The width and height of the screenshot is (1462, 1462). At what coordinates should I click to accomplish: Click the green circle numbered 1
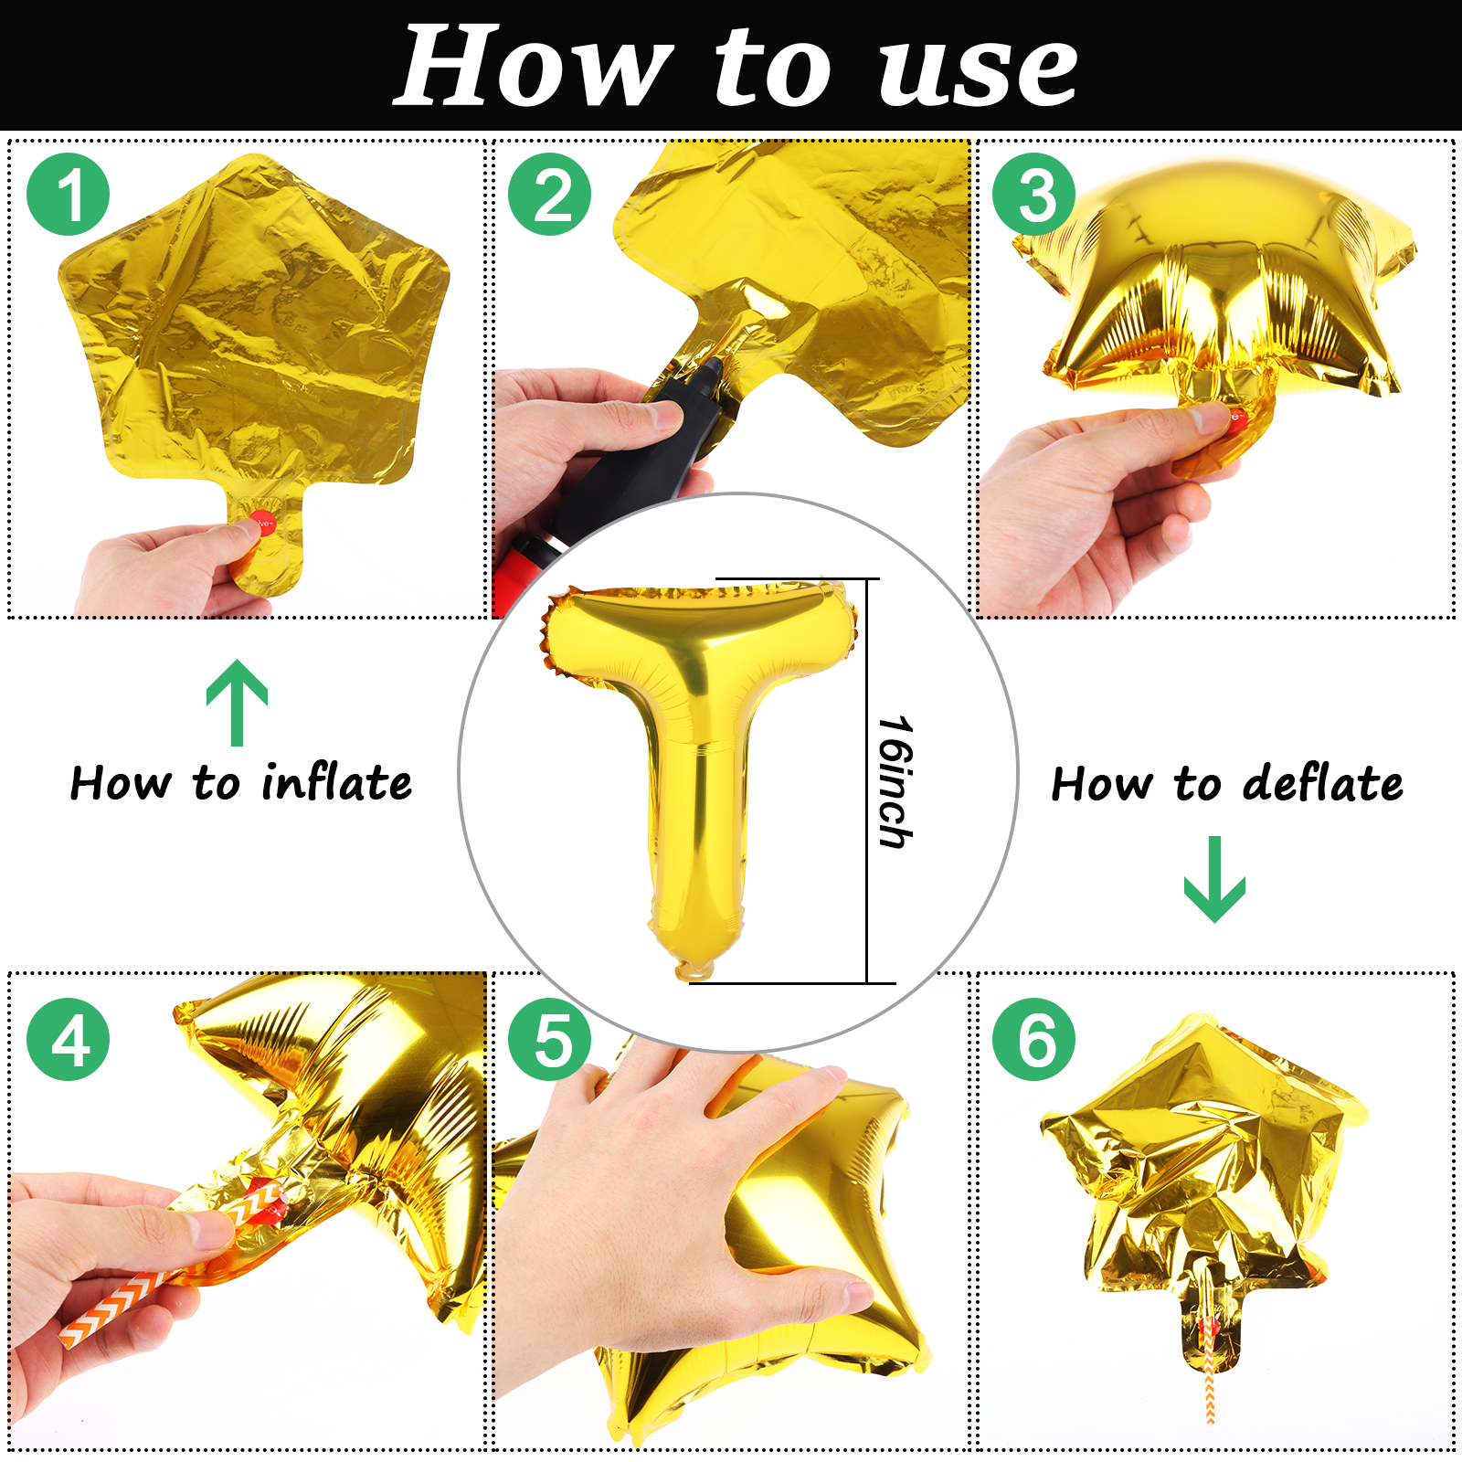[x=69, y=195]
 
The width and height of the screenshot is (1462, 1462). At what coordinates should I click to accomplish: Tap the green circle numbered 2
[x=550, y=195]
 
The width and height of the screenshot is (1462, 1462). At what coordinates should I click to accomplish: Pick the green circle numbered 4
[x=69, y=1040]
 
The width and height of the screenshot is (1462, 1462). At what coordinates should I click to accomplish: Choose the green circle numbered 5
[x=550, y=1040]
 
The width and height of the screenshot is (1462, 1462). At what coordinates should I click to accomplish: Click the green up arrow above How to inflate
[x=238, y=702]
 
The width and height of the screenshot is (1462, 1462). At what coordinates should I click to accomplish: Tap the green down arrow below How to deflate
[x=1214, y=879]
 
